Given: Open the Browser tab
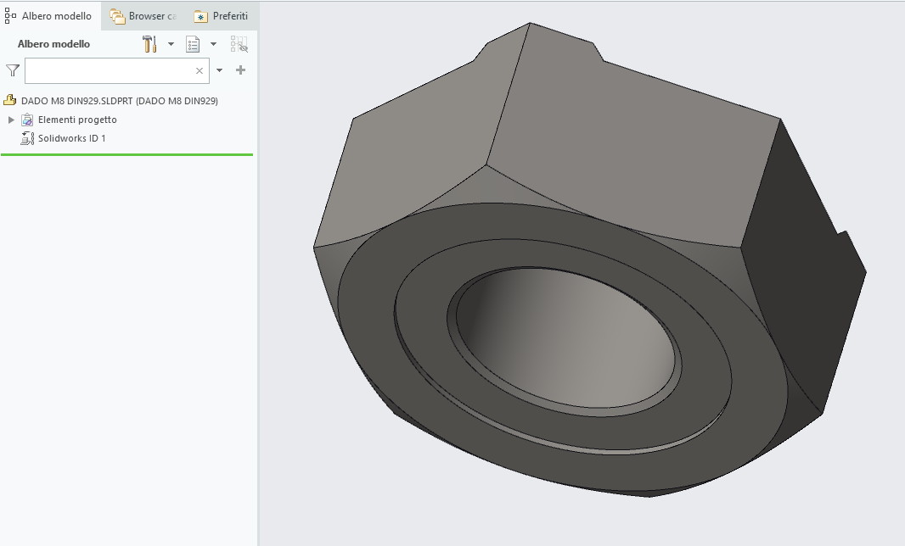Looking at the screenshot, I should tap(143, 16).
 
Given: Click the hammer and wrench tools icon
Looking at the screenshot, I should tap(150, 44).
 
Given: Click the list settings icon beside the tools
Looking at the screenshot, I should tap(194, 44).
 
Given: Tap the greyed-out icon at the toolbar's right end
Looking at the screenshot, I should tap(239, 44).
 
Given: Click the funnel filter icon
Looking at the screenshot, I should tap(12, 70).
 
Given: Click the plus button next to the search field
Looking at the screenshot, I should tap(241, 70).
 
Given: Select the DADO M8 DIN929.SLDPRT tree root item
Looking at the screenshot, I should tap(119, 101).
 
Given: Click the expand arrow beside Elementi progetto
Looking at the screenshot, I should tap(11, 120).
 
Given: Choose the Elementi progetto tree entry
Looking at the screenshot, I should tap(77, 120).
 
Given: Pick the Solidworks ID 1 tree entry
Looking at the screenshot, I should tap(71, 138).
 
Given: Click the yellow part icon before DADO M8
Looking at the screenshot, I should tap(10, 101).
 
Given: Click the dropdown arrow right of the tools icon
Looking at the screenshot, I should tap(171, 44).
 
